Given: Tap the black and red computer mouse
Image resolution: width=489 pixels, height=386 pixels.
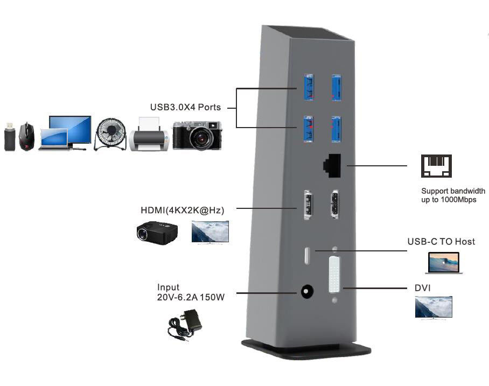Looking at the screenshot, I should pos(26,137).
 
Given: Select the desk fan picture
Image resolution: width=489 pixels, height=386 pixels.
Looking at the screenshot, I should pos(110,134).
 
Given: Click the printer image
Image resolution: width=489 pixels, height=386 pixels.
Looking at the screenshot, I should pos(149,135).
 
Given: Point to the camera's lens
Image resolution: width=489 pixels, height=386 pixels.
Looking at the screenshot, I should pos(200,138).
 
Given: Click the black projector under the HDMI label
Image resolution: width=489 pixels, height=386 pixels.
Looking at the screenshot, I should pos(157,231).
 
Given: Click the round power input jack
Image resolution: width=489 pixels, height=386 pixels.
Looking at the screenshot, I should pos(306,292).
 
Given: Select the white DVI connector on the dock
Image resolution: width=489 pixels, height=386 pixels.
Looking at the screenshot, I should pos(334,275).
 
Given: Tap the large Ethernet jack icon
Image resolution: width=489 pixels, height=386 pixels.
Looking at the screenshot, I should pos(436,166).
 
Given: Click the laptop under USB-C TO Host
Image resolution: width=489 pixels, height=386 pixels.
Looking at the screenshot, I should pos(443,263).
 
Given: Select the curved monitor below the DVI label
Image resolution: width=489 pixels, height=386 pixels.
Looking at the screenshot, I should pos(434,307).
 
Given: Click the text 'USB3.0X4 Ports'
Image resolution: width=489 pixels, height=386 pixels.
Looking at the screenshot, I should pos(185,107).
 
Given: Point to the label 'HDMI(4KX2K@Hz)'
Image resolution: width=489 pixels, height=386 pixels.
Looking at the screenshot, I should pos(183,210).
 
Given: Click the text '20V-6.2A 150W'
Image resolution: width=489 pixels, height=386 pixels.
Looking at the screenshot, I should pos(190,297).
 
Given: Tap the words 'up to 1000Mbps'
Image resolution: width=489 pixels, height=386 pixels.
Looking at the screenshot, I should pos(449,200).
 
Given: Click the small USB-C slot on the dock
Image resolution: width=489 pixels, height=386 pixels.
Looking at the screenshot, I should pos(306,255).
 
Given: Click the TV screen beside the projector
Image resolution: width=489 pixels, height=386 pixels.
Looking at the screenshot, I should pos(210,231).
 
